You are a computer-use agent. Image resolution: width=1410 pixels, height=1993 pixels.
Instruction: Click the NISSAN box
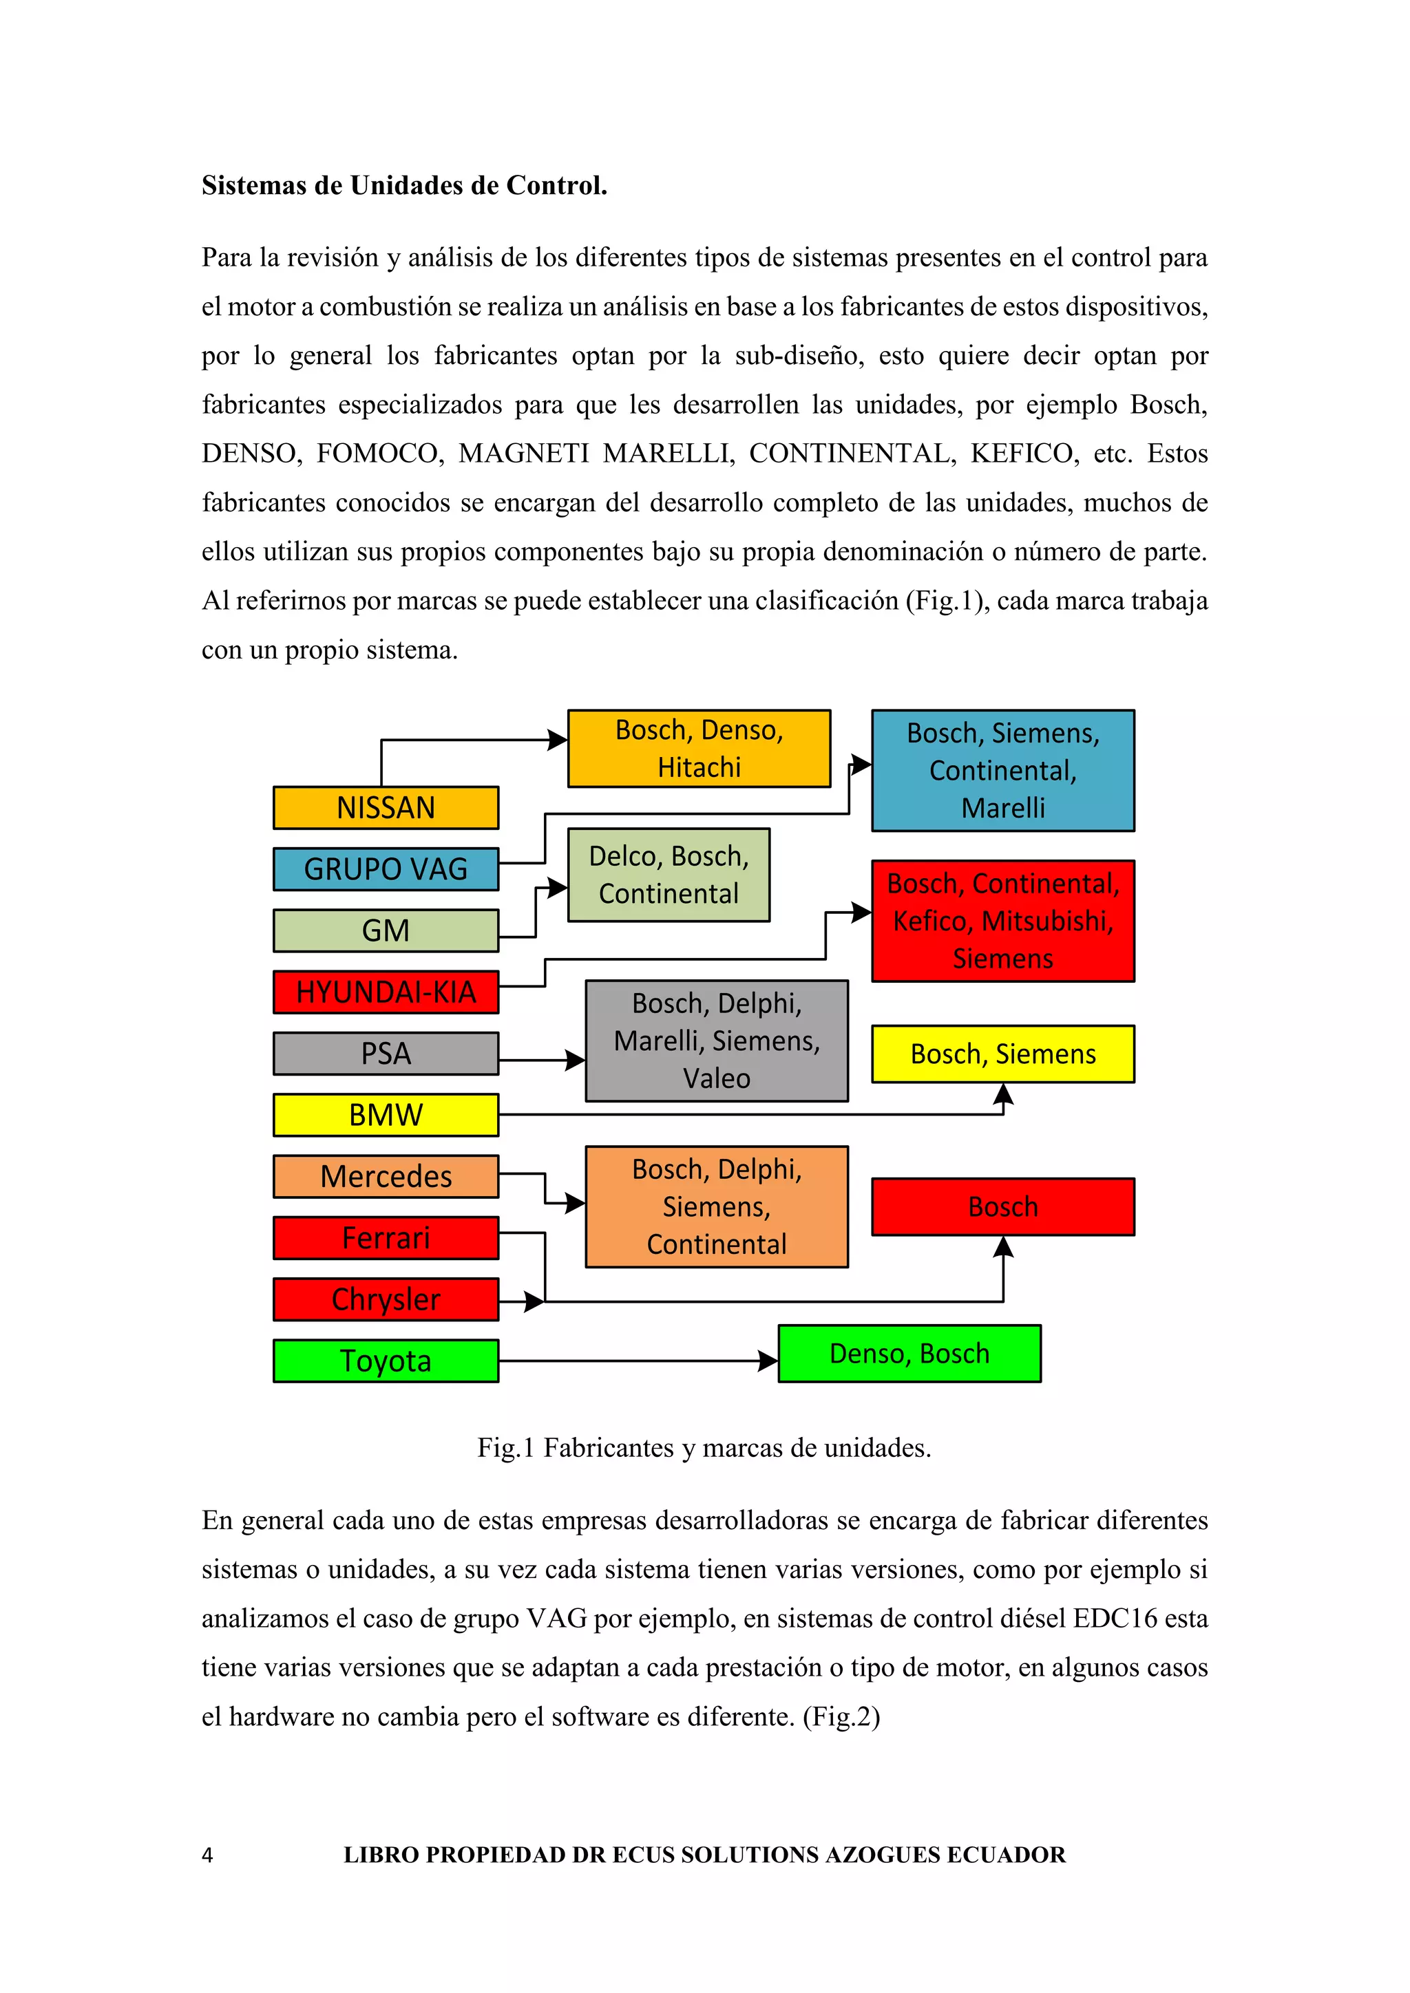[x=386, y=807]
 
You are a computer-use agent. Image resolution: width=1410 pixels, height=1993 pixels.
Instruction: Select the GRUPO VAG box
[x=386, y=869]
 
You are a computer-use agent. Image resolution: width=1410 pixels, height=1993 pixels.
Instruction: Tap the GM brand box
[x=386, y=930]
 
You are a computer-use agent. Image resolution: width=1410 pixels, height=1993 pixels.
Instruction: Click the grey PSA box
[x=386, y=1054]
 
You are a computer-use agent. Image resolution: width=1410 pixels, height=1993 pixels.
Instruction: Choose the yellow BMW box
[x=386, y=1115]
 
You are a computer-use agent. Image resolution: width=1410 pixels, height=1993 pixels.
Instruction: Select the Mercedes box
[x=386, y=1176]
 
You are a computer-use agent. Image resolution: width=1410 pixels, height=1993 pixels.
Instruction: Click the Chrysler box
[x=386, y=1299]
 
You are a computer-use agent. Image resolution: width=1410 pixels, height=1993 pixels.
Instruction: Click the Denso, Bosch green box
[x=909, y=1353]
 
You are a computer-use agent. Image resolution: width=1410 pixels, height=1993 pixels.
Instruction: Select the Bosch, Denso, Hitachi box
[x=699, y=748]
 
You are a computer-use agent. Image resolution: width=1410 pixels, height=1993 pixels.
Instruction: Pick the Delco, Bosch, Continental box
[x=669, y=875]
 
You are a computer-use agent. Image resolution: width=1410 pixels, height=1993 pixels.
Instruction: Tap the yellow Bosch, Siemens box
[x=1003, y=1054]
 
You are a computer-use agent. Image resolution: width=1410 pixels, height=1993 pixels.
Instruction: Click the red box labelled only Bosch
[x=1003, y=1206]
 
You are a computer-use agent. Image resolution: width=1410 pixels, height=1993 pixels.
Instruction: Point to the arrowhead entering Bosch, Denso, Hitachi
[x=558, y=740]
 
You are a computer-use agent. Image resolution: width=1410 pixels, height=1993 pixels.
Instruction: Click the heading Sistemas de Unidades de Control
[x=405, y=186]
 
